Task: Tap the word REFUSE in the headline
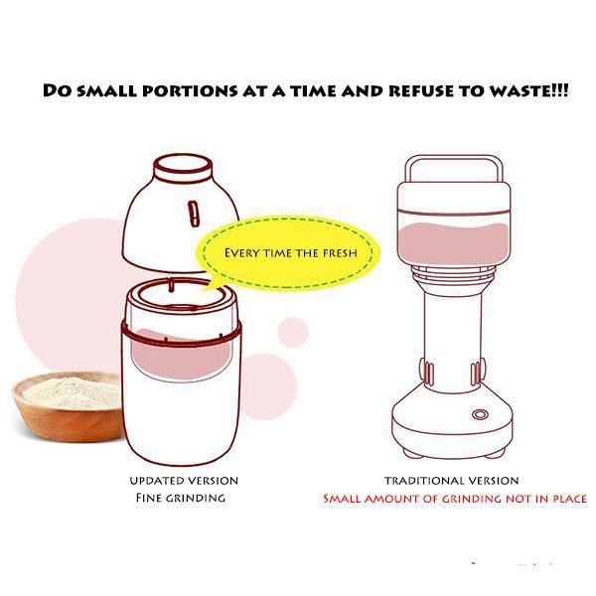(x=421, y=90)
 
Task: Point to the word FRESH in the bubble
(x=340, y=253)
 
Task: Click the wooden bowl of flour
(x=68, y=406)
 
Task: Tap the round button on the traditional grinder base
(x=480, y=414)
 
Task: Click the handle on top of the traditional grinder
(x=454, y=159)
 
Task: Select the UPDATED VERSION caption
(x=184, y=481)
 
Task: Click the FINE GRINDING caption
(x=181, y=498)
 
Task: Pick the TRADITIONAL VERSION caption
(x=452, y=481)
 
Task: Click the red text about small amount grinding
(x=455, y=499)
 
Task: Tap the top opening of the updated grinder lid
(x=183, y=164)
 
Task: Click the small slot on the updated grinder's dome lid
(x=194, y=214)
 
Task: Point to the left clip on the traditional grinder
(x=427, y=372)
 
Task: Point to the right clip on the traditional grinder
(x=478, y=372)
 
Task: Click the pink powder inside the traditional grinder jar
(x=453, y=243)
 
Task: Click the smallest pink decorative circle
(x=293, y=332)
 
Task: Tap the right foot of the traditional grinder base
(x=495, y=453)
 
